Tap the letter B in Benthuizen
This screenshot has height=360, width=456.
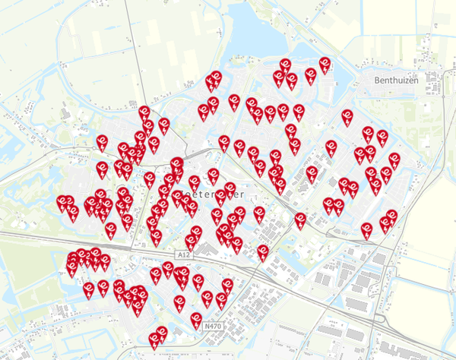pyautogui.click(x=377, y=79)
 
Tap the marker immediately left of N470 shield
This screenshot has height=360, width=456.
pyautogui.click(x=196, y=321)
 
